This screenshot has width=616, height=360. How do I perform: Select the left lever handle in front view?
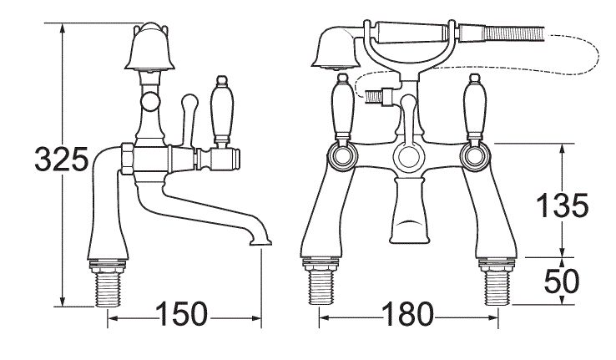coord(343,109)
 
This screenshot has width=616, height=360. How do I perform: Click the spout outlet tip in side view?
coord(260,242)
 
